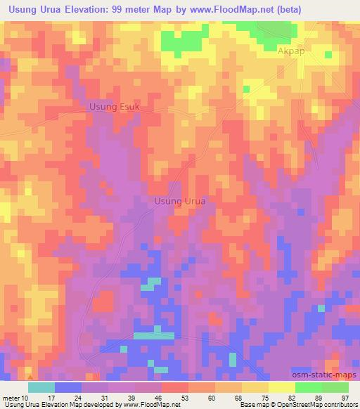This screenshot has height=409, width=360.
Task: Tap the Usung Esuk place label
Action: (x=115, y=107)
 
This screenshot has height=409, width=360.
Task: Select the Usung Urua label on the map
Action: (x=180, y=202)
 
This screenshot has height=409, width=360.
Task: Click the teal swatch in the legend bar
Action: (x=41, y=387)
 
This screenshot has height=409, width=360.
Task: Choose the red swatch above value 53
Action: (x=175, y=387)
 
